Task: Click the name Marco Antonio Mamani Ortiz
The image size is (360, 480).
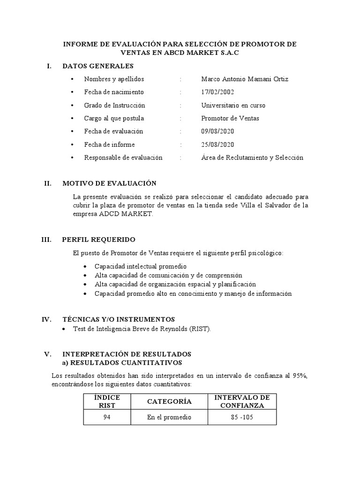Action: pos(245,79)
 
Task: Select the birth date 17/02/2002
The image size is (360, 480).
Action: pos(217,92)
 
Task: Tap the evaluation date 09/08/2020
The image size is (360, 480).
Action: pos(217,131)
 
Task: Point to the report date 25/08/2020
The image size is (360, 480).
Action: pos(217,144)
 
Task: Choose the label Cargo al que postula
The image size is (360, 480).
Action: pos(114,118)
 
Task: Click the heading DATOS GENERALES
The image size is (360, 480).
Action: pos(98,66)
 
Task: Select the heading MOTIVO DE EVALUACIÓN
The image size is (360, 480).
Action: pos(109,183)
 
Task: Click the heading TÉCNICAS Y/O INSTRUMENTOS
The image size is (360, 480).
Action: pos(118,319)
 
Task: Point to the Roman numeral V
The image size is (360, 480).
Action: pos(46,353)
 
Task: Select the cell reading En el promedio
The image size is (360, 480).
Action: pos(169,417)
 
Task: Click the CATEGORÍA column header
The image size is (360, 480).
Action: pos(169,402)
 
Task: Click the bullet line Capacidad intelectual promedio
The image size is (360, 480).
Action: pos(134,266)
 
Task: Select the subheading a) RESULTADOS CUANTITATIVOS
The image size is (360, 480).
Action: pos(122,363)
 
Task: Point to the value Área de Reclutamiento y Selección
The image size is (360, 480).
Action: pos(252,157)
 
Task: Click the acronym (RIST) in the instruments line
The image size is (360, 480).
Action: pos(200,329)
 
